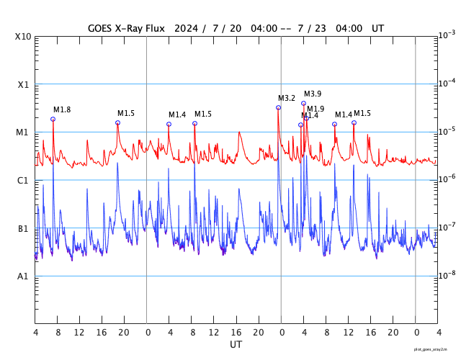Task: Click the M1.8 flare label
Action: click(62, 109)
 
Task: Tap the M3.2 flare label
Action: click(287, 98)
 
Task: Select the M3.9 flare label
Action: click(313, 94)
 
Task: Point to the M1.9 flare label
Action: click(315, 109)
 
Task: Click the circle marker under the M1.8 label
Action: click(53, 120)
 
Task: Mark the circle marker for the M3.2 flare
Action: click(278, 108)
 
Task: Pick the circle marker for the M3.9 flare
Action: click(303, 103)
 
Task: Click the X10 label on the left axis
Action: click(23, 36)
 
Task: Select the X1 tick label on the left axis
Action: click(23, 84)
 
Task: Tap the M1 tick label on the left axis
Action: click(23, 132)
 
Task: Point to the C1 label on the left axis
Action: click(23, 180)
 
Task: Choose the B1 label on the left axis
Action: click(23, 228)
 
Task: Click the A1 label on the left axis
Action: click(23, 276)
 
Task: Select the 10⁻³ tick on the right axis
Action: click(447, 35)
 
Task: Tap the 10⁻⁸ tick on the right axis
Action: click(447, 275)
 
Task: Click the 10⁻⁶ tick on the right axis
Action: click(447, 179)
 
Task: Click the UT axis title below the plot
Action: click(236, 344)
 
